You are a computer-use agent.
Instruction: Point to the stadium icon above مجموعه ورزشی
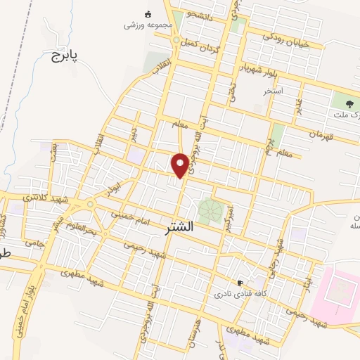click(x=148, y=13)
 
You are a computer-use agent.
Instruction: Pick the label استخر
click(x=273, y=91)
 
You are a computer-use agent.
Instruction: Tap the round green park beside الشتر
click(x=209, y=210)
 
